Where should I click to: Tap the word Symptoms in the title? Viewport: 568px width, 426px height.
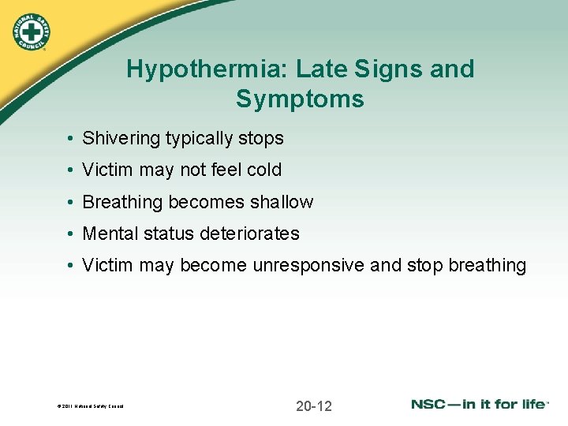300,99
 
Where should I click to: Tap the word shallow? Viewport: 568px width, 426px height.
282,203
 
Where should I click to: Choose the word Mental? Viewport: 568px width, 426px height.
109,234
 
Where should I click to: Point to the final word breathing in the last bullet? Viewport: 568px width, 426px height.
487,266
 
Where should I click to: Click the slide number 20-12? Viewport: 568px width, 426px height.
314,406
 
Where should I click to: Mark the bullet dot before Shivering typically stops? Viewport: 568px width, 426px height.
70,139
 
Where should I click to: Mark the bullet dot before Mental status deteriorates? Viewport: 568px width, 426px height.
70,234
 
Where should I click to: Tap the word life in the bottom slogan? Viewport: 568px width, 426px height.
532,405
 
